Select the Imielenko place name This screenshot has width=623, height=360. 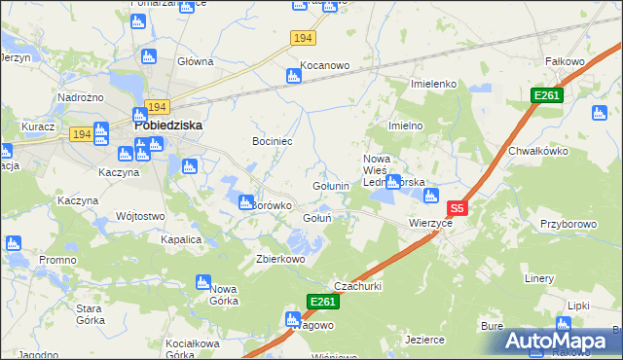pos(434,84)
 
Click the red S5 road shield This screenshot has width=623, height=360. pos(458,208)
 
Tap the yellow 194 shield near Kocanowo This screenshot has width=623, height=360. pos(303,37)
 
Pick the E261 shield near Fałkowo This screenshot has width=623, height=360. pos(545,94)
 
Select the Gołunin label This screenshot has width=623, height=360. pos(330,186)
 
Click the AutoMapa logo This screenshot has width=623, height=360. pos(556,341)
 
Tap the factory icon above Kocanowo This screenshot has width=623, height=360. pos(293,76)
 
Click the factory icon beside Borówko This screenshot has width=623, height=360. pos(245,201)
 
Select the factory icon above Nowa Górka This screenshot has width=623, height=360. pos(204,282)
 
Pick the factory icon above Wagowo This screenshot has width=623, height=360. pos(292,319)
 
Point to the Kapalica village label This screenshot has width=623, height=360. pos(181,239)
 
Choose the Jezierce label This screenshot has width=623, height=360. pos(425,340)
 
